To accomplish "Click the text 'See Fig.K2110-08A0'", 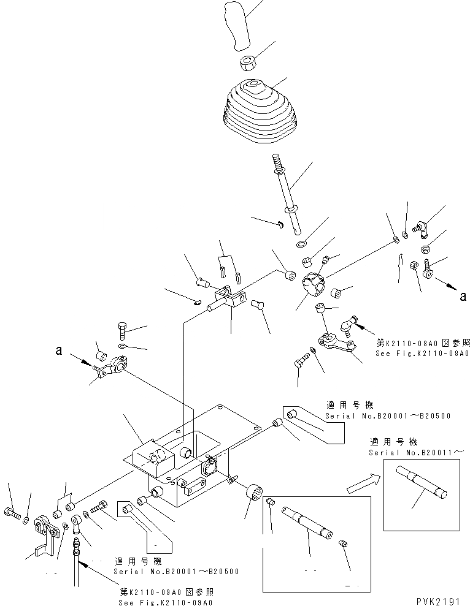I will (x=423, y=354).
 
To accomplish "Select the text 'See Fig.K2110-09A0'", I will (x=166, y=603).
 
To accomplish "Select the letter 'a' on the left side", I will (x=59, y=352).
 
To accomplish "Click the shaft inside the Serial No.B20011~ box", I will (x=423, y=484).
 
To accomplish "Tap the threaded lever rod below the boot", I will (x=289, y=193).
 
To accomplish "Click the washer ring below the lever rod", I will (x=302, y=245).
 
